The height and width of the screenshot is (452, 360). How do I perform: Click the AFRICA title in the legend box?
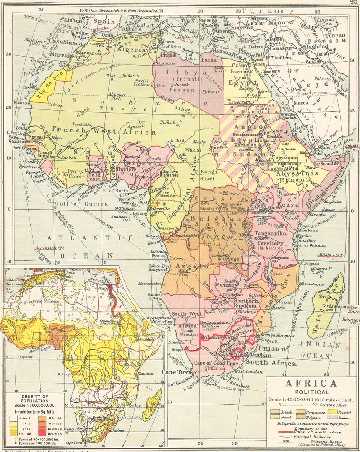(311, 384)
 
